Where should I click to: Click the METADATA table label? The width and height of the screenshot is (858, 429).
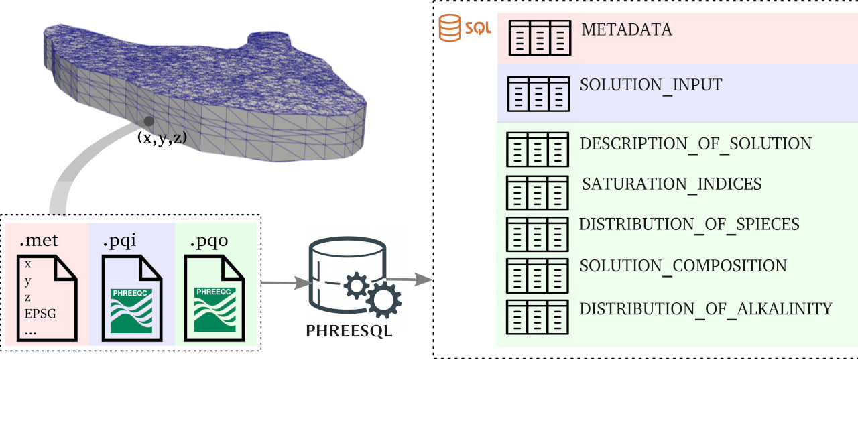click(x=626, y=30)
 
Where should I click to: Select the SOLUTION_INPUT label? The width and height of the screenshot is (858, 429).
click(x=651, y=86)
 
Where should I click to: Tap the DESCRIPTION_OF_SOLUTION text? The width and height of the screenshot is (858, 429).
click(x=696, y=144)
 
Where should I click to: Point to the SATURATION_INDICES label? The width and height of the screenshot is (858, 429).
click(x=672, y=184)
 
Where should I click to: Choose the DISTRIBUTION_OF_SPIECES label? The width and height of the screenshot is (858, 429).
click(x=689, y=224)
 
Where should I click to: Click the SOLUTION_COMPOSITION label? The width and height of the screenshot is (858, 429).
click(x=683, y=266)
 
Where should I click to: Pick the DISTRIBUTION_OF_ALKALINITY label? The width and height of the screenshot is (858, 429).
click(x=706, y=309)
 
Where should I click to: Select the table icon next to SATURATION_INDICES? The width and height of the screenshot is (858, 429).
click(x=537, y=192)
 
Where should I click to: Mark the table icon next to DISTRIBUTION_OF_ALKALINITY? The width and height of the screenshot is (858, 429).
click(x=537, y=317)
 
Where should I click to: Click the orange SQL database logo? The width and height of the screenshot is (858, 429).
click(x=465, y=28)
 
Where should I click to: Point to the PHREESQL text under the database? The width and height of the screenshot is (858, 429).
click(x=349, y=331)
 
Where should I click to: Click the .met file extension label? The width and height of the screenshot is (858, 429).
click(x=40, y=241)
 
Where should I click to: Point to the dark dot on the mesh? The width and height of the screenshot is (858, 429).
click(x=149, y=121)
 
